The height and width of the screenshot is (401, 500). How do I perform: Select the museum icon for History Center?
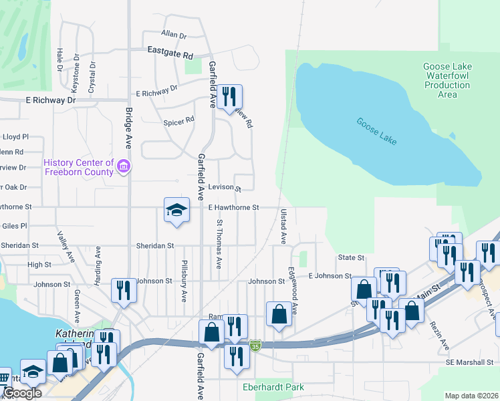(x=123, y=166)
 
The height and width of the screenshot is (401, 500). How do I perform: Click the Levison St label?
(x=223, y=188)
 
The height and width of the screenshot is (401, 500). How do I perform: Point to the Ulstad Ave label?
(x=283, y=226)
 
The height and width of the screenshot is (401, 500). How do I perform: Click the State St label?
(x=351, y=257)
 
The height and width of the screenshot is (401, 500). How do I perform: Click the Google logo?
(x=21, y=393)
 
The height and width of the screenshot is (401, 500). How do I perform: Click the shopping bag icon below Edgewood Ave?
(x=279, y=314)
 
